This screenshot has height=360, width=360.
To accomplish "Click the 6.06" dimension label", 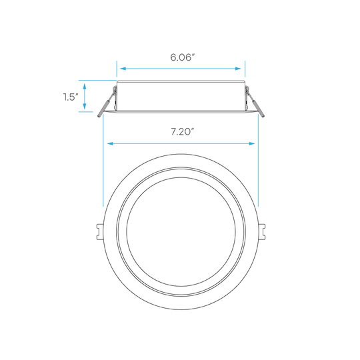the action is [x=183, y=57].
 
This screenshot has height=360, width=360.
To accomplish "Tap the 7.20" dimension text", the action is [x=183, y=132].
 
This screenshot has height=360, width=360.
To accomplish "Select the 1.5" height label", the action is [x=71, y=97].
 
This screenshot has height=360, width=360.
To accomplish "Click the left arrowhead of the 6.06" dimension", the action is [x=123, y=69].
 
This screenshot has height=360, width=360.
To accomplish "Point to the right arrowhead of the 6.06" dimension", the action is [x=238, y=69].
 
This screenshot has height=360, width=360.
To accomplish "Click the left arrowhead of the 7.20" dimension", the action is [x=110, y=143].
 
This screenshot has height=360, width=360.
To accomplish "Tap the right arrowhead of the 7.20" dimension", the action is [x=252, y=143].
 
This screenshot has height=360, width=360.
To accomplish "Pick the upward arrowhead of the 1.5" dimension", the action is [x=85, y=87].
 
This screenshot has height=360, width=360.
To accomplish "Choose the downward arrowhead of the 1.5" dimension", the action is [x=85, y=106].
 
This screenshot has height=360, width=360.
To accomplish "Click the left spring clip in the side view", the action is [x=106, y=103].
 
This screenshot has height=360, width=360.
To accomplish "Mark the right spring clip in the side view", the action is [x=255, y=103].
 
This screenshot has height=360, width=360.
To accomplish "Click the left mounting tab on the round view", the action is [x=100, y=232].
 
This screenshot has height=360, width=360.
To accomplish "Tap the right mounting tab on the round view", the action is [x=262, y=232].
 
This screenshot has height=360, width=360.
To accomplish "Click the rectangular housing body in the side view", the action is [x=181, y=96].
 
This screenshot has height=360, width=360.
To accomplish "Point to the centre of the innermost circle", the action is [x=181, y=231].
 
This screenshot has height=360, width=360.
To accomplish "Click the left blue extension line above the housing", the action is [x=117, y=69].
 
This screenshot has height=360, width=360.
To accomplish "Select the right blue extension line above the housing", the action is [x=245, y=69].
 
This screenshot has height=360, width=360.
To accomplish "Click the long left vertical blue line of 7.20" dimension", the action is [x=103, y=160].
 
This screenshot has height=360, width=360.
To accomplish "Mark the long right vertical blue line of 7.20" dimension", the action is [x=258, y=160].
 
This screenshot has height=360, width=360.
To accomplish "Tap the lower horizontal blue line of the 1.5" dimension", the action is [x=85, y=112].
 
